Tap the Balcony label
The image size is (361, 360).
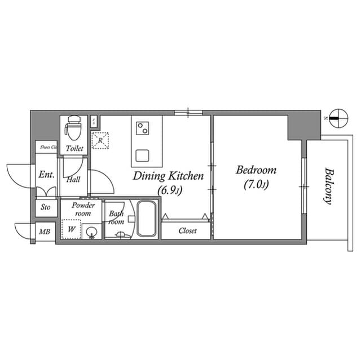[x=328, y=186]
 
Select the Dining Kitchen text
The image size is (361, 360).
[x=168, y=176]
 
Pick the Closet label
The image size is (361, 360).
[x=187, y=230]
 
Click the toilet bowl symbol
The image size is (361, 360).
[x=73, y=128]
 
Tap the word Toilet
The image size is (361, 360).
[x=74, y=148]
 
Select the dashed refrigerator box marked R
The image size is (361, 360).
[x=101, y=140]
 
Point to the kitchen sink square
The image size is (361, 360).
[x=142, y=154]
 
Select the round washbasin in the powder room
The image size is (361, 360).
[x=91, y=232]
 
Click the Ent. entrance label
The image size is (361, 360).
[x=46, y=175]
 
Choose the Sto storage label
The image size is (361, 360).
[x=46, y=207]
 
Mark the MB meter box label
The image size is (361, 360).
[x=43, y=231]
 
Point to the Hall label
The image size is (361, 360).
[x=73, y=180]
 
